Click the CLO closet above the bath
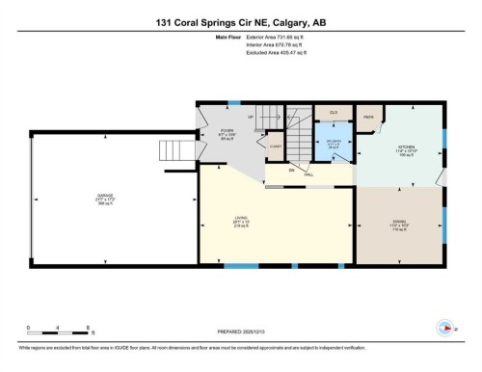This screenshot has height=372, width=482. (x=334, y=114)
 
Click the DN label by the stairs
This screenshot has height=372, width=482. (x=289, y=170)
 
